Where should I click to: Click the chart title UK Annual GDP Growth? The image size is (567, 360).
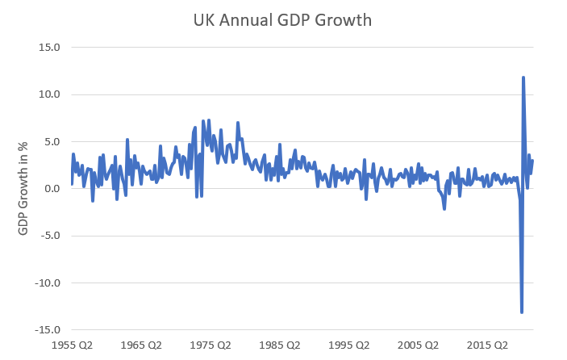[283, 20]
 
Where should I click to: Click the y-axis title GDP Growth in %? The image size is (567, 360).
[23, 189]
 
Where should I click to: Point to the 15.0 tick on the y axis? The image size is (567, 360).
[49, 47]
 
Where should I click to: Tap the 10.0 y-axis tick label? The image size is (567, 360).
[49, 94]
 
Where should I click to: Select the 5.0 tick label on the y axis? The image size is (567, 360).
[52, 141]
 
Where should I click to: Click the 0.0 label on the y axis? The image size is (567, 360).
[52, 189]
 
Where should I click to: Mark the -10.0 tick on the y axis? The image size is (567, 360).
[48, 283]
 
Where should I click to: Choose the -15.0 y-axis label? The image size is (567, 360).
[48, 330]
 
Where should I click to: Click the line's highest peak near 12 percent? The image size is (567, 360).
[523, 77]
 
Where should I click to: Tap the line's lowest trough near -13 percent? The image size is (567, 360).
[522, 312]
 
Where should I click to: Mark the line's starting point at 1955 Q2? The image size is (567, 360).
[72, 184]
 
